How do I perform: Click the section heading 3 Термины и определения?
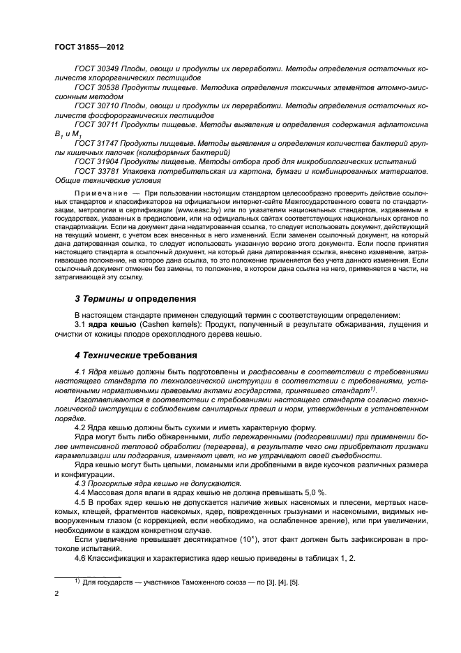[136, 298]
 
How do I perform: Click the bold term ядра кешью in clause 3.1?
[109, 325]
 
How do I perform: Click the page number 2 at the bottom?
[57, 594]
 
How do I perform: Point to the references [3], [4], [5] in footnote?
[279, 582]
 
